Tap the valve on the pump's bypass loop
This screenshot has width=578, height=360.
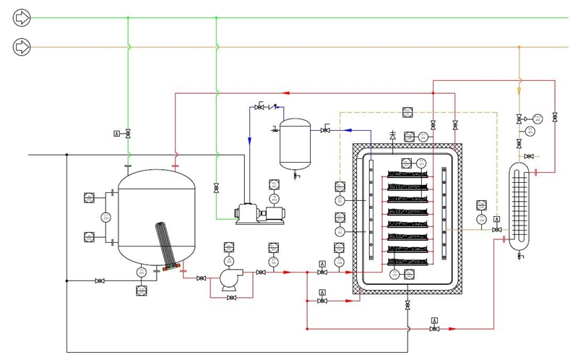tap(230, 298)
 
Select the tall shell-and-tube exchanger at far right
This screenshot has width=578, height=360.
tap(519, 206)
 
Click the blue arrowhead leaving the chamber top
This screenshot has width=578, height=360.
tap(348, 130)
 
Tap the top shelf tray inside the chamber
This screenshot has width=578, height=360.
tap(413, 174)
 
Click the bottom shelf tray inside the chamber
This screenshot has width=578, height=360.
tap(413, 260)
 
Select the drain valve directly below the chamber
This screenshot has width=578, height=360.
tap(407, 306)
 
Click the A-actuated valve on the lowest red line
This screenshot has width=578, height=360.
tap(433, 329)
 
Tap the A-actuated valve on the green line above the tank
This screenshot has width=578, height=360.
tap(128, 134)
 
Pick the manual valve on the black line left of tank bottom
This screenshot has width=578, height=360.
tap(100, 280)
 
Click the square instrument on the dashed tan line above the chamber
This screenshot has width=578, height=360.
tap(407, 111)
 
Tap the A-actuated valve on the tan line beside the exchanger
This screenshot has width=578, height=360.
tap(496, 228)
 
